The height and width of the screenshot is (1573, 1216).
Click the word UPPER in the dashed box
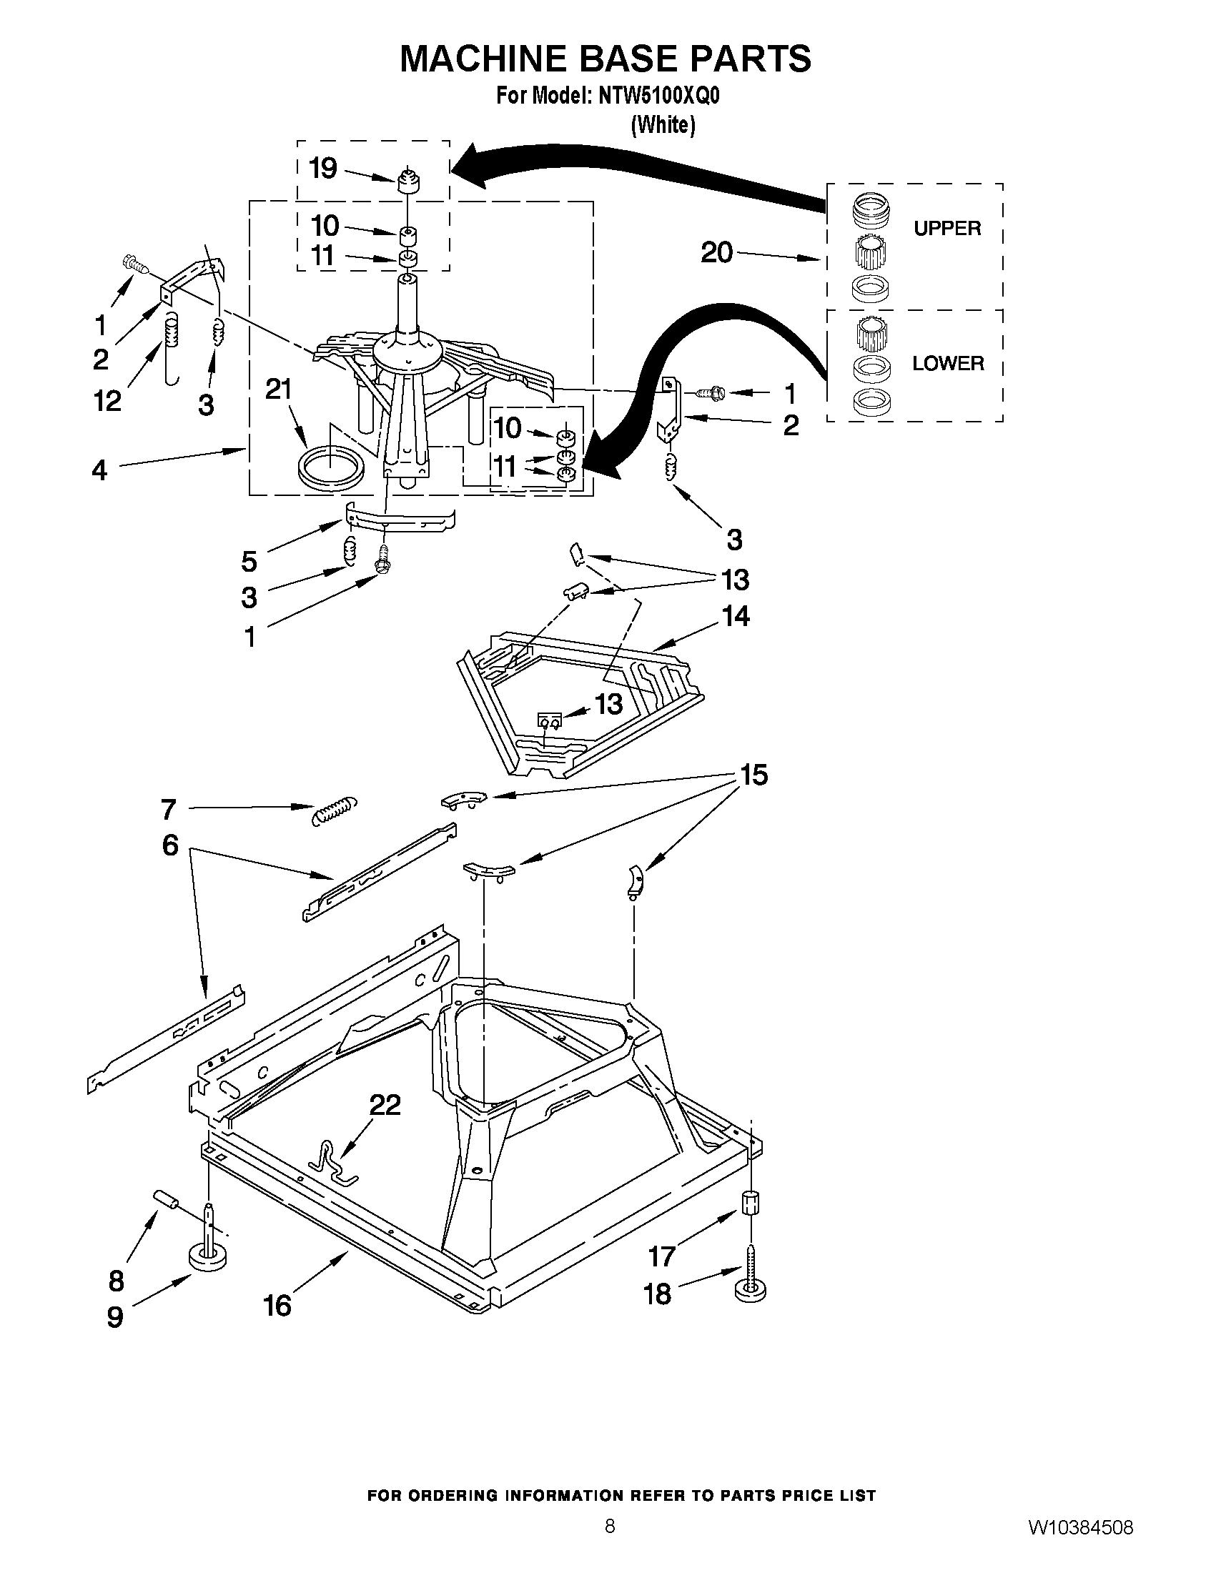[946, 228]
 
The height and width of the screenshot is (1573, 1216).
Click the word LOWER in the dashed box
[947, 363]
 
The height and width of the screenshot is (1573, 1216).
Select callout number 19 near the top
[322, 169]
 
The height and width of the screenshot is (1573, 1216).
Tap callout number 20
[716, 253]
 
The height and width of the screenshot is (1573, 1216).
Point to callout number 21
[279, 389]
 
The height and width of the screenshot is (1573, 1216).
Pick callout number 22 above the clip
[385, 1104]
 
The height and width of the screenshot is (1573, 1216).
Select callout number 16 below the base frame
[277, 1305]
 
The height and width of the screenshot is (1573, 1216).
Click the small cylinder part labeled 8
[165, 1200]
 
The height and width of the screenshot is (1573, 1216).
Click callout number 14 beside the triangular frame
[735, 617]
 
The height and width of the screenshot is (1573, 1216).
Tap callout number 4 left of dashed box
[99, 471]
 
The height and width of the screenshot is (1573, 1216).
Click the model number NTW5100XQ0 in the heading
[658, 96]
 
